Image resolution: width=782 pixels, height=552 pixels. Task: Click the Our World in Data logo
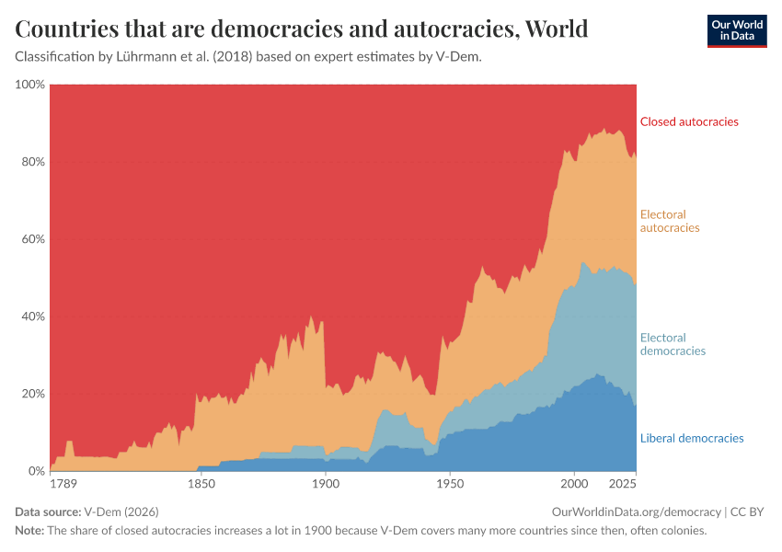pos(737,31)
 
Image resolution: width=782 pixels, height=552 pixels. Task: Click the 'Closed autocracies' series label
pos(689,121)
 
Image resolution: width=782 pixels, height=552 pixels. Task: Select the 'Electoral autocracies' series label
pos(670,221)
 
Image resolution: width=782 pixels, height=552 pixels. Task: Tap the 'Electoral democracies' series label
pos(673,344)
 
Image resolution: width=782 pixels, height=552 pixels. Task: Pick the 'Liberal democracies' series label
pos(692,438)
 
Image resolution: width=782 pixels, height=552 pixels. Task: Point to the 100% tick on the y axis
pos(30,85)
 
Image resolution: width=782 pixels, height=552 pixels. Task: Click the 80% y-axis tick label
pos(33,162)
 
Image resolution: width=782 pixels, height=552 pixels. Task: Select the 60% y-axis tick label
pos(33,239)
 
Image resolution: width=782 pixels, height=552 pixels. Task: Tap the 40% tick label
pos(33,316)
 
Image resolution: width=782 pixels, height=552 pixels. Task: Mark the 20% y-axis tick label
pos(33,394)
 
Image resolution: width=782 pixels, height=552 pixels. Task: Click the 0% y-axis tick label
pos(37,471)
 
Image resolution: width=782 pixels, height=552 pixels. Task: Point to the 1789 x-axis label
pos(63,484)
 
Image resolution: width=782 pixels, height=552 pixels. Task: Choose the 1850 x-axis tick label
pos(201,484)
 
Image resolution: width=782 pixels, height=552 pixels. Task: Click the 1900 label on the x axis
pos(326,484)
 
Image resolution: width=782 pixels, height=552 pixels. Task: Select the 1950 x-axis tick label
pos(450,484)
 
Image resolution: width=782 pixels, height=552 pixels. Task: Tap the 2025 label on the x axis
pos(623,484)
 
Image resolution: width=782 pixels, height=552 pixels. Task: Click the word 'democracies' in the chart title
pos(277,29)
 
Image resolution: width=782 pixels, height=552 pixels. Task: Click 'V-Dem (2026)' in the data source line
pos(121,512)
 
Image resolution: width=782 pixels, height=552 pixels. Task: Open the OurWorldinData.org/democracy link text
pos(637,512)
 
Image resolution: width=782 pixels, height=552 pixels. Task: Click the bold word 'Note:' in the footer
pos(29,530)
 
